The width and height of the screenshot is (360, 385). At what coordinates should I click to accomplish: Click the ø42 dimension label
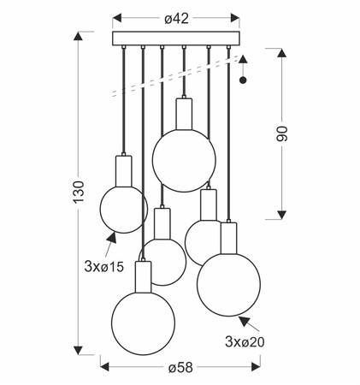point(176,19)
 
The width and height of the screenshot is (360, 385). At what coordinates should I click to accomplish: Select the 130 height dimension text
point(79,192)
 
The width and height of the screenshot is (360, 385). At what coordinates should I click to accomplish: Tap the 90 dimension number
point(282,133)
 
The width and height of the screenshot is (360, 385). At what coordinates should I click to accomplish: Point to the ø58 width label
point(180,367)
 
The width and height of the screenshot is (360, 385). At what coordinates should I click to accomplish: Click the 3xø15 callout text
point(104,267)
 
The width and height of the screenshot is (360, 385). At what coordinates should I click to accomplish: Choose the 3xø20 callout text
point(245,341)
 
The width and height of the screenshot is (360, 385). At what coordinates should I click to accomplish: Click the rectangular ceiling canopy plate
point(176,38)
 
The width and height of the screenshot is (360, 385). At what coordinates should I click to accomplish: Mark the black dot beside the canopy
point(243,80)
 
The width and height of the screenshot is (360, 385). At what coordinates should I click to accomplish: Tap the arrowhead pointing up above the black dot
point(243,59)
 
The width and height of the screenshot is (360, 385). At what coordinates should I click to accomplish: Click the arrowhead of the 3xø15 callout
point(112,237)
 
